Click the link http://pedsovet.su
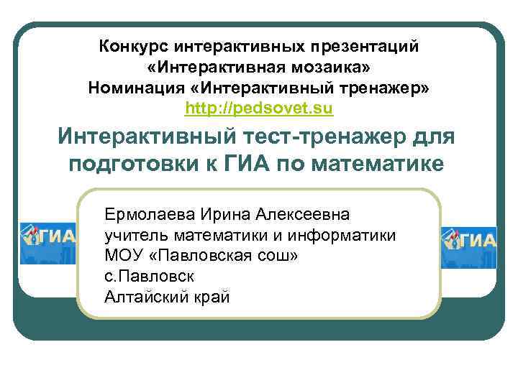(259, 108)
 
